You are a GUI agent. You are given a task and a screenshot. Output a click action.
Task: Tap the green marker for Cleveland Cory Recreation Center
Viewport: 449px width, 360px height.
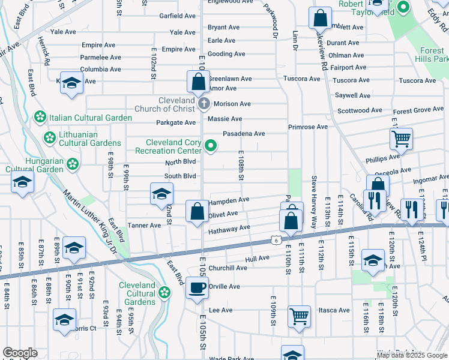211,146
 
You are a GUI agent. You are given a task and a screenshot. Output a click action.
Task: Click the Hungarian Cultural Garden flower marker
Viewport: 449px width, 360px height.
73,163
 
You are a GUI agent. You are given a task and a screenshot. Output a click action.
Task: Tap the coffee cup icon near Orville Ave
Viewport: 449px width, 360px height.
197,288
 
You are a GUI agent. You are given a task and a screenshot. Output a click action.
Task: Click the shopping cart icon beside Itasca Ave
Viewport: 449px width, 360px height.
299,316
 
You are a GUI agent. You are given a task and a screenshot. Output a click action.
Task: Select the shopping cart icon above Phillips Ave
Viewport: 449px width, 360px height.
401,139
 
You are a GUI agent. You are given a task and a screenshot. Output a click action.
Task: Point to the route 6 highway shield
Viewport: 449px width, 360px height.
274,239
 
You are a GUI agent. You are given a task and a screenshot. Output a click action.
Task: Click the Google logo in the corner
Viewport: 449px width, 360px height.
20,353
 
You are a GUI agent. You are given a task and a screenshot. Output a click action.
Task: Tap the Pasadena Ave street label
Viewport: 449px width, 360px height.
244,134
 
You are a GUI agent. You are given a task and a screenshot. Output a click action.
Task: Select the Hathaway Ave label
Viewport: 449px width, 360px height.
229,229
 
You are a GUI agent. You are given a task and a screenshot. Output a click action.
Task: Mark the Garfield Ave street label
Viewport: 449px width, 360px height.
178,16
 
